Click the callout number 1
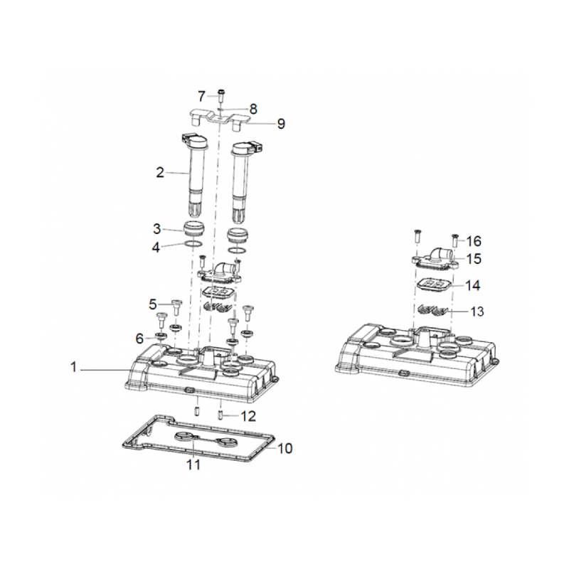tap(74, 367)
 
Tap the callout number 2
tap(160, 172)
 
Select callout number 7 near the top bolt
tap(202, 97)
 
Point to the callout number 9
tap(281, 124)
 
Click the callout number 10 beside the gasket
tap(284, 449)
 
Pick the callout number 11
tap(193, 464)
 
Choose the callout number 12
tap(248, 416)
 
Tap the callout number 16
tap(474, 241)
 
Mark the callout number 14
tap(473, 286)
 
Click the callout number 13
tap(477, 312)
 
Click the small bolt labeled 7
tap(220, 95)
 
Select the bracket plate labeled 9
tap(220, 118)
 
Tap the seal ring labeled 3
tap(195, 228)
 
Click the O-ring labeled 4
tap(193, 244)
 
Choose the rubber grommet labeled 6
tap(161, 336)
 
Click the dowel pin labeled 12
tap(220, 415)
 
